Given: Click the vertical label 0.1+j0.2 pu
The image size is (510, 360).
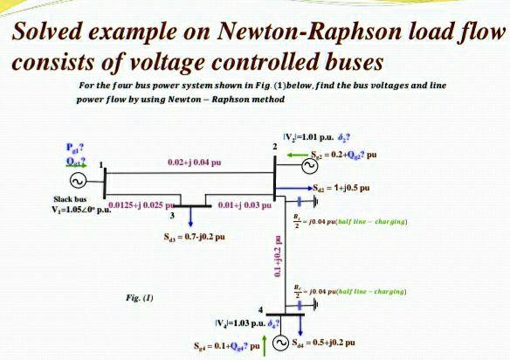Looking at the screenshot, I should (255, 259).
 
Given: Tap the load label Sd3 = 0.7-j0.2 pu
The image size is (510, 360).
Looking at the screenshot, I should (194, 237).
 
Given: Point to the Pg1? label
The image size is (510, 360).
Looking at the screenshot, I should (52, 147).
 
